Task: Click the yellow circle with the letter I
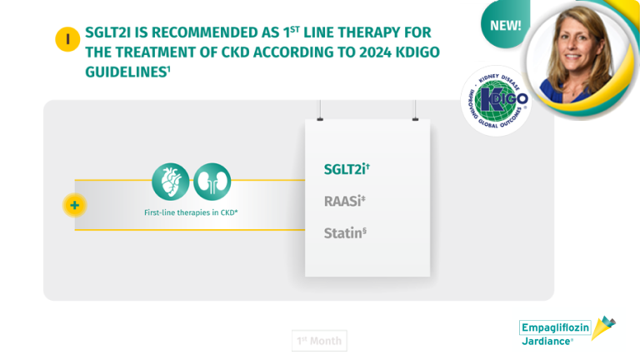coord(67,39)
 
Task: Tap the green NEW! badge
coord(504,25)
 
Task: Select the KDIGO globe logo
coord(497,100)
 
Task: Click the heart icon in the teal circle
coord(170,182)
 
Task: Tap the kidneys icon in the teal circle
coord(212,182)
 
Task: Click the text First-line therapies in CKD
coord(191,213)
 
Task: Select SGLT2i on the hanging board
coord(347,169)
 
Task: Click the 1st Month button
coord(319,340)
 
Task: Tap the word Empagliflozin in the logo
coord(554,327)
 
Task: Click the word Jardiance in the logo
coord(547,342)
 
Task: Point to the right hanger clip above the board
coord(415,116)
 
